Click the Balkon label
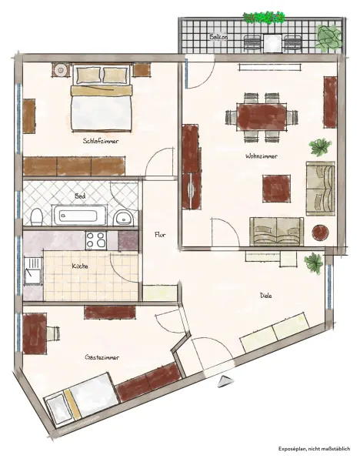click(x=218, y=37)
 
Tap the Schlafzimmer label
click(x=101, y=141)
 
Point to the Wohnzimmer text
click(x=262, y=156)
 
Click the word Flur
click(x=160, y=235)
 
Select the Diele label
click(x=266, y=295)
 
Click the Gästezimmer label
click(x=102, y=357)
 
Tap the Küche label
click(x=80, y=266)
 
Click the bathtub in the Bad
click(x=79, y=215)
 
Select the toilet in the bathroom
click(x=37, y=217)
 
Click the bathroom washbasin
click(x=124, y=218)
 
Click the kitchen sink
click(x=32, y=271)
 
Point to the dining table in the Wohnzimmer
click(x=262, y=117)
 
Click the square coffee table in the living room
click(x=277, y=189)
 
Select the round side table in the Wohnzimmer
click(x=320, y=233)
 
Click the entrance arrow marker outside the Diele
click(x=226, y=382)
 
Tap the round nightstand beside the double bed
click(x=61, y=70)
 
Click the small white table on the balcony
click(x=272, y=43)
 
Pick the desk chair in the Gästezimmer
click(x=53, y=333)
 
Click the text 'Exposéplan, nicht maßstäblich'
click(x=315, y=449)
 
